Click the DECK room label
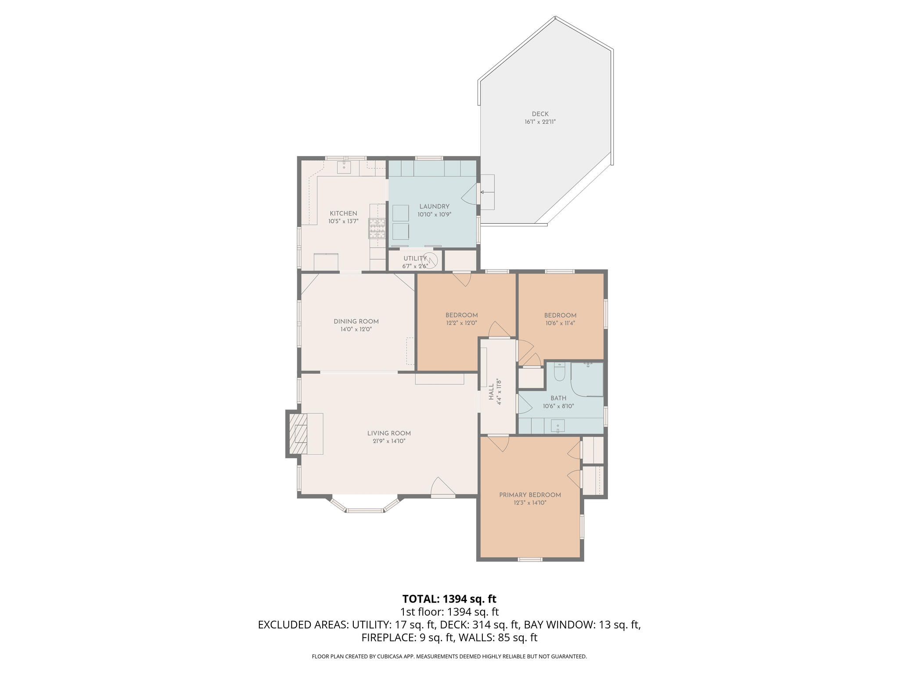click(x=540, y=114)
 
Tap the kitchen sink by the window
click(x=344, y=167)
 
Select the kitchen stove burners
click(x=377, y=228)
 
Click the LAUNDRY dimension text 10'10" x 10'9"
click(x=434, y=214)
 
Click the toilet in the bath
click(x=559, y=373)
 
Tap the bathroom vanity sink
click(x=557, y=426)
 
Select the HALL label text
click(x=491, y=392)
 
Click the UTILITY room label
click(x=414, y=258)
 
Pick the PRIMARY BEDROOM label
click(x=530, y=495)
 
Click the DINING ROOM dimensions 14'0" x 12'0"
click(x=356, y=329)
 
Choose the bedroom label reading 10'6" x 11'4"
click(x=560, y=323)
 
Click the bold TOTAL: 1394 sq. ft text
click(x=449, y=599)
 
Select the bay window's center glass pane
click(x=365, y=511)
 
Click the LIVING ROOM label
click(x=389, y=433)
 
